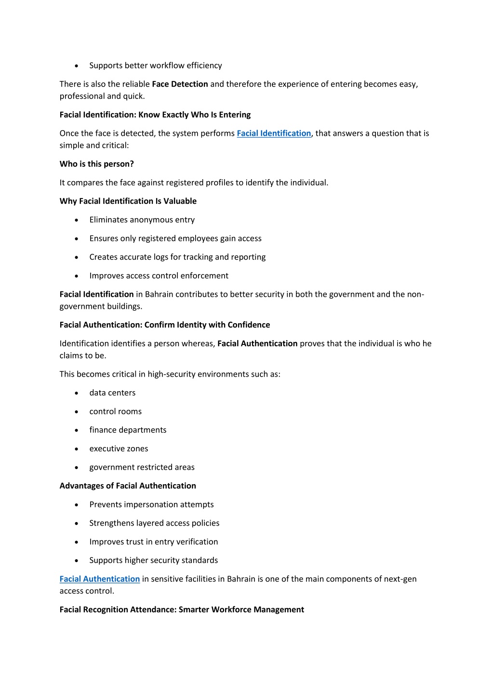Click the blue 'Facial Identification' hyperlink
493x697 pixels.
tap(274, 133)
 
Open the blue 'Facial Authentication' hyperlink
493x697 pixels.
tap(100, 579)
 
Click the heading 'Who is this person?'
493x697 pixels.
tap(97, 164)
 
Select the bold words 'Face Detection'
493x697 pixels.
tap(180, 84)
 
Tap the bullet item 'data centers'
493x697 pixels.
tap(112, 393)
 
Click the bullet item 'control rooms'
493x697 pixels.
tap(115, 411)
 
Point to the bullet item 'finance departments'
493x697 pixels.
tap(128, 430)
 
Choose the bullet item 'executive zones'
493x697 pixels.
tap(119, 449)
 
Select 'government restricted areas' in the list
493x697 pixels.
tap(142, 467)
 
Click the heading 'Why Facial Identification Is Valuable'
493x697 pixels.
tap(128, 201)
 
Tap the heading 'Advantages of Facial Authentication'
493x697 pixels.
tap(128, 486)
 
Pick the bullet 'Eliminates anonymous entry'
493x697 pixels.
tap(142, 220)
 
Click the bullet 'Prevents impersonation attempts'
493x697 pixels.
tap(151, 505)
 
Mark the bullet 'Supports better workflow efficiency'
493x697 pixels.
tap(155, 66)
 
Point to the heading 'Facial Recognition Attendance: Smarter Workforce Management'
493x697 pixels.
tap(182, 610)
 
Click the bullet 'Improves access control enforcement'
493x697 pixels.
tap(159, 276)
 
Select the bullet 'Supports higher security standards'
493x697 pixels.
tap(153, 561)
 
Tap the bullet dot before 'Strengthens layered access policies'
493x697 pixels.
tap(77, 524)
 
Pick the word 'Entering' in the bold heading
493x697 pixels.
tap(235, 115)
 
